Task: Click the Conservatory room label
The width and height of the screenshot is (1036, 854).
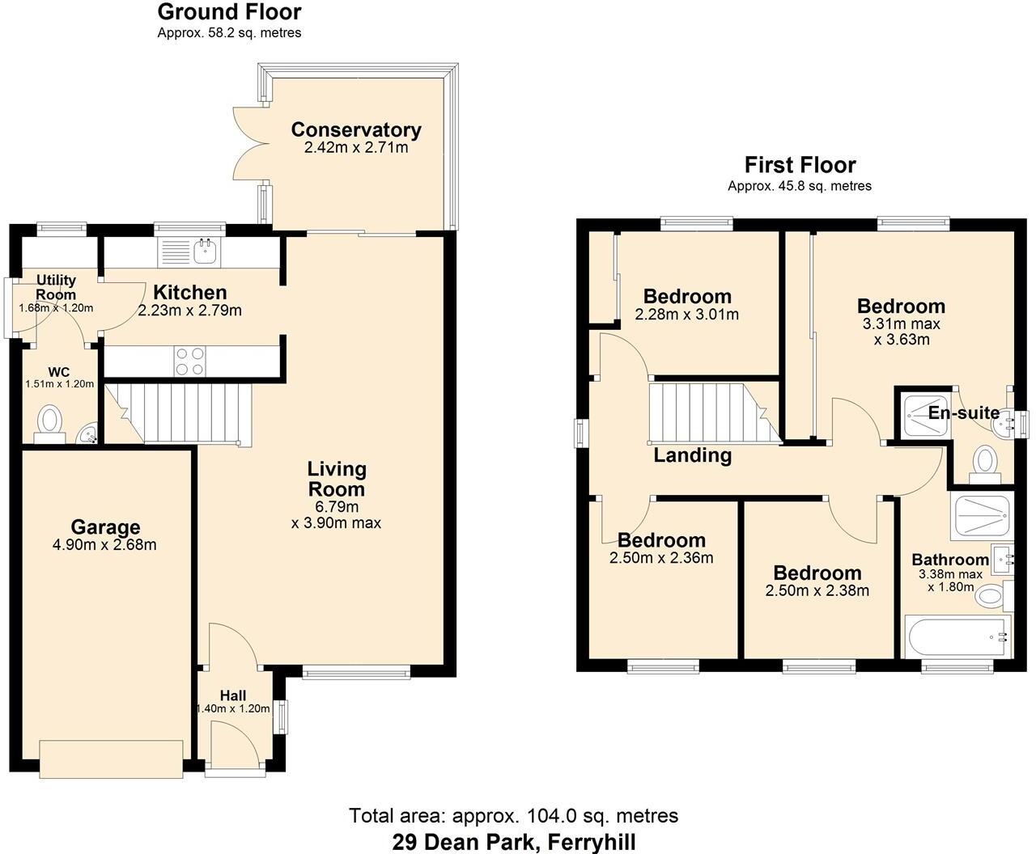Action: [356, 129]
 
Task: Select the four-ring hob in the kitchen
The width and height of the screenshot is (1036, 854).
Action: [190, 361]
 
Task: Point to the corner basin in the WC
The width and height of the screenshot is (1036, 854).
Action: [87, 436]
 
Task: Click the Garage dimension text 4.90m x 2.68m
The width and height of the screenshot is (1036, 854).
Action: [104, 545]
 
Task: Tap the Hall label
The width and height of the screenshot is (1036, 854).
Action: [233, 695]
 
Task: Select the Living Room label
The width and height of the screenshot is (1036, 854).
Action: [337, 479]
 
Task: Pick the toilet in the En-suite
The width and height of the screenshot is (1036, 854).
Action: [985, 463]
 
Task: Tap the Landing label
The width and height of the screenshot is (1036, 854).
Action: [692, 455]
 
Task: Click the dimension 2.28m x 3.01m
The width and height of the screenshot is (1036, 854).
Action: [687, 315]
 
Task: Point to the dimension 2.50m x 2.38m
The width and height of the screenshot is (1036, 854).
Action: [817, 590]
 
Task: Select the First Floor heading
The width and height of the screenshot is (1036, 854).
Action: [800, 165]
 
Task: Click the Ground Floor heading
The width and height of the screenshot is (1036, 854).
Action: [229, 12]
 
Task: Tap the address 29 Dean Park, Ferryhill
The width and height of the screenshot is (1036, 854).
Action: [514, 841]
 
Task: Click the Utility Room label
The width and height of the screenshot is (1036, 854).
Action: [56, 287]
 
